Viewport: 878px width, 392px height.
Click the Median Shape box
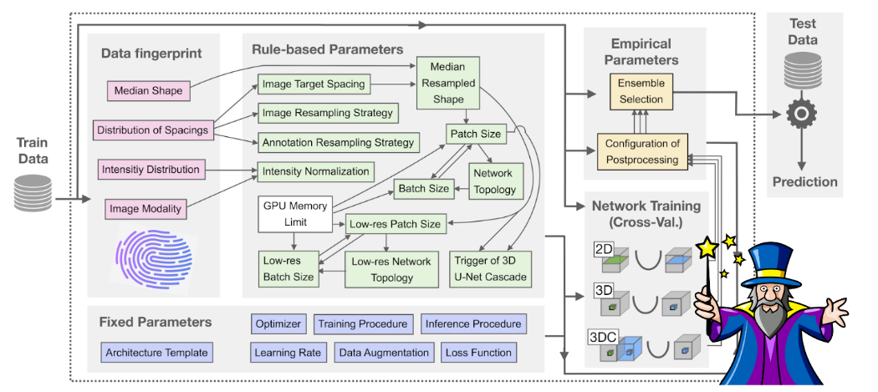148,90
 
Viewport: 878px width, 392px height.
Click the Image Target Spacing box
314,84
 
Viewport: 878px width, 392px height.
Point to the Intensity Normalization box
315,171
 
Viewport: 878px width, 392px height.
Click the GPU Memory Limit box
296,213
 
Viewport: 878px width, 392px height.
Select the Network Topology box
493,180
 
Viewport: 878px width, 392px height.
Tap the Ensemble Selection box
640,91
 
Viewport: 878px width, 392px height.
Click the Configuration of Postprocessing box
643,150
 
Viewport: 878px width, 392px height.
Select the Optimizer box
278,323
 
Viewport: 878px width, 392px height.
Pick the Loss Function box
477,353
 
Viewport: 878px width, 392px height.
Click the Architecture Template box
156,352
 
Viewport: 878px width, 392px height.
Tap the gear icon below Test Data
800,114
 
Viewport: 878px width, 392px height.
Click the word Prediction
804,181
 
